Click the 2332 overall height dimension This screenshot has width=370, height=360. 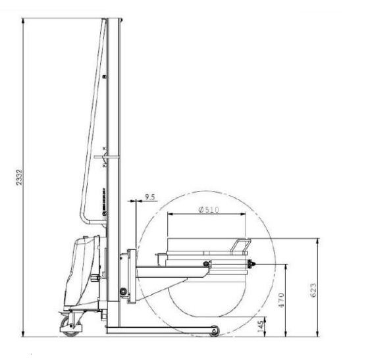19,177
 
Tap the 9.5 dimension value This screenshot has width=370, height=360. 150,197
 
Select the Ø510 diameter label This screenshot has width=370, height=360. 209,210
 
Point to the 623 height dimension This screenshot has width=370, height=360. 313,290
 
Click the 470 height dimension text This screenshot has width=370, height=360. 281,300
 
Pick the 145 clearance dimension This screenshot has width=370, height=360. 260,326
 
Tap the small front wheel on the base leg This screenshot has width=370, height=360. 215,331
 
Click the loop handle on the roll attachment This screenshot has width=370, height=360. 241,246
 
